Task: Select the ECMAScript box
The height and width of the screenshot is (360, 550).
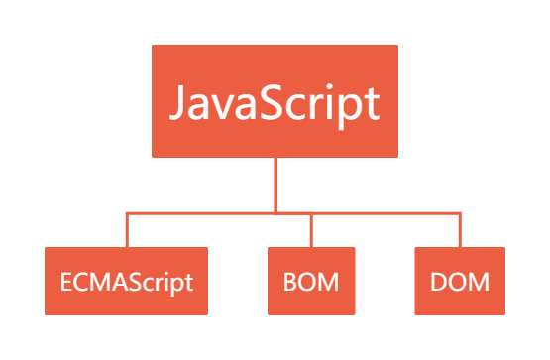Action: pyautogui.click(x=127, y=281)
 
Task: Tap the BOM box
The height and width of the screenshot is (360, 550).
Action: pyautogui.click(x=312, y=281)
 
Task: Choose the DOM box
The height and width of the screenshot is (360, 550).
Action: pyautogui.click(x=460, y=281)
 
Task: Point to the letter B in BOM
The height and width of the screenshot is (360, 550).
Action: pyautogui.click(x=290, y=282)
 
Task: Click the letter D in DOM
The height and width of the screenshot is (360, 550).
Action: pyautogui.click(x=438, y=282)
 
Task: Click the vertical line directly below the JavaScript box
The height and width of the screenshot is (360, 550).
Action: pyautogui.click(x=275, y=183)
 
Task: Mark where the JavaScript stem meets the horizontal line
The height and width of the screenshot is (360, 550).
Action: pyautogui.click(x=275, y=211)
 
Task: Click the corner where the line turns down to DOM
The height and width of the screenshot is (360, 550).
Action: pyautogui.click(x=461, y=211)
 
